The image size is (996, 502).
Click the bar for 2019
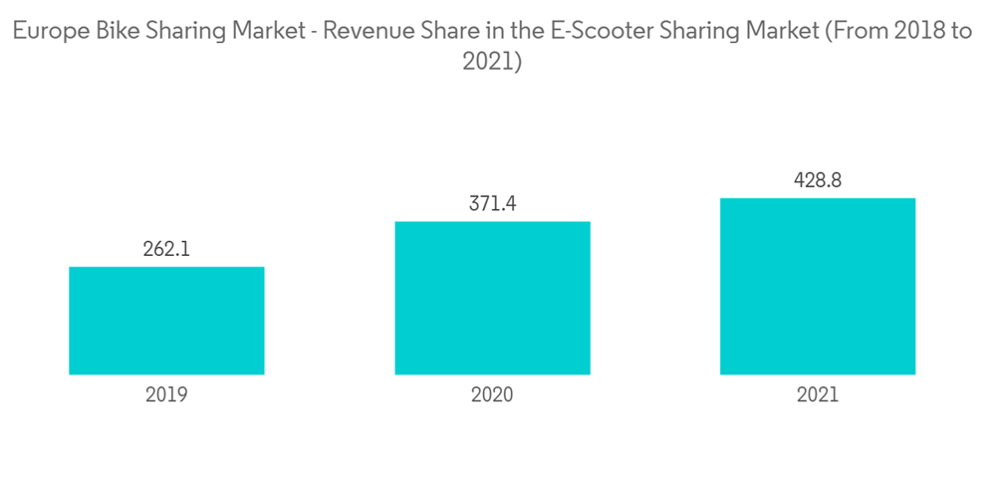166,321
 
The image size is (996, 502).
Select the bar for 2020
492,298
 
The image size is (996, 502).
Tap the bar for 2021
818,286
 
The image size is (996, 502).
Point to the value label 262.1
166,249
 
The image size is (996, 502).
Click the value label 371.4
492,204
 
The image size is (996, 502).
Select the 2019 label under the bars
166,394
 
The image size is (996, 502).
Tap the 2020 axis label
492,394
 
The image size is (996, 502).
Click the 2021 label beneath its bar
818,394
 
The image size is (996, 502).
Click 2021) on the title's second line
493,62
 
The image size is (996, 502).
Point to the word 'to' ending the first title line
961,31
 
